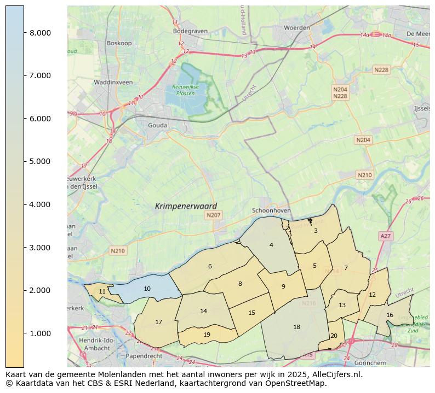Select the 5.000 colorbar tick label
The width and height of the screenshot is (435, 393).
[40, 161]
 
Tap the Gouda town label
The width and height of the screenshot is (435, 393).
[157, 125]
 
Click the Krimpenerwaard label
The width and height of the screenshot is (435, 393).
[186, 206]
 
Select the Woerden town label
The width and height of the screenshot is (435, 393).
[296, 27]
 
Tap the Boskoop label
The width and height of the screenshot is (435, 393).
[120, 43]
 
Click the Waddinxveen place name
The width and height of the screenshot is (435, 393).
[113, 82]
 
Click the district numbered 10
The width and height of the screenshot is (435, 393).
[147, 289]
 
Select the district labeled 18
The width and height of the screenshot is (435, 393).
[296, 327]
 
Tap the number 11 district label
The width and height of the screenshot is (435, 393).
[102, 291]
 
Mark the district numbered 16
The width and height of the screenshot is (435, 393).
[390, 315]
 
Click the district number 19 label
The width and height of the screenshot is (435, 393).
[207, 335]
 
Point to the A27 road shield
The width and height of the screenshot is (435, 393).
[386, 236]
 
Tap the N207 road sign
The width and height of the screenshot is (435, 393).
[213, 215]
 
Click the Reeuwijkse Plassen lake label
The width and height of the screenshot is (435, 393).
[185, 90]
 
